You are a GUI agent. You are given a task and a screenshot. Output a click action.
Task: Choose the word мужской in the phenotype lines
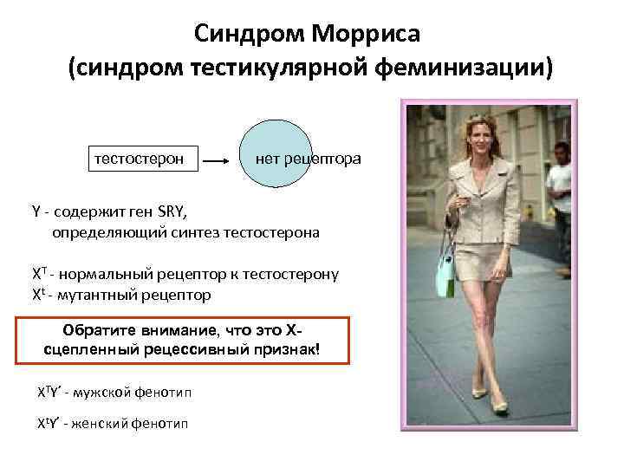point(113,393)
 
